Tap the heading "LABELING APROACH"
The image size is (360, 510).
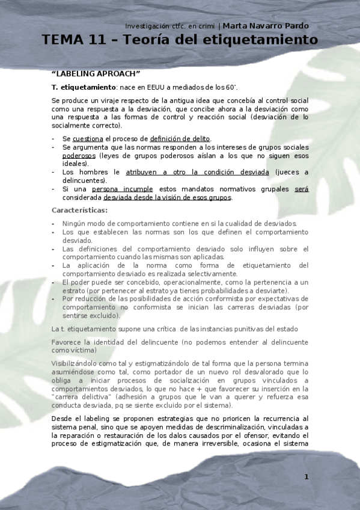coord(96,74)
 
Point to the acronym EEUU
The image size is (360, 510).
coord(165,87)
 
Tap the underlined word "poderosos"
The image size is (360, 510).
coord(79,155)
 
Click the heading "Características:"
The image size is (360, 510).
coord(80,210)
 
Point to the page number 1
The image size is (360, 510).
coord(307,477)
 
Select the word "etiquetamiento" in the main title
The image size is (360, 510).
coord(258,40)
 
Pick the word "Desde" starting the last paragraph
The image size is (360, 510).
coord(62,418)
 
